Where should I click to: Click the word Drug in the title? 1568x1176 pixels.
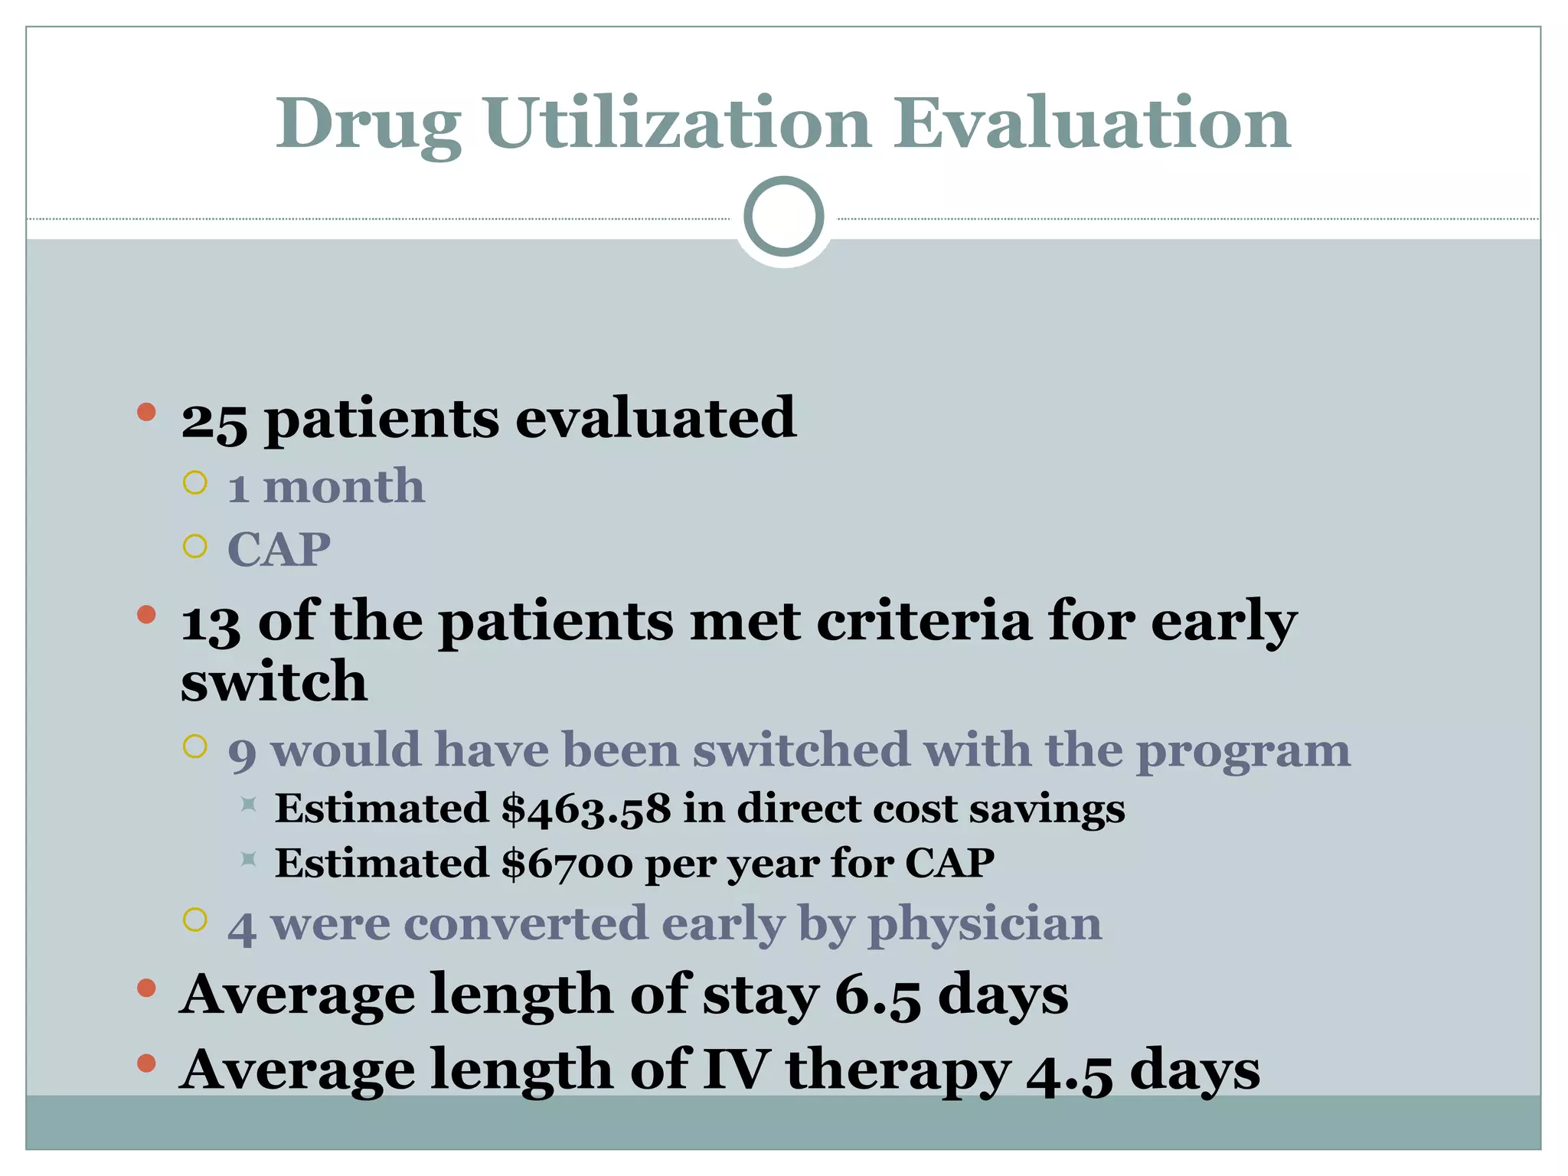pos(368,126)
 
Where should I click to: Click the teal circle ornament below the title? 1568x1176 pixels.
pos(783,217)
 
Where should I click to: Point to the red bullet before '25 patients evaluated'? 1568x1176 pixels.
pos(146,413)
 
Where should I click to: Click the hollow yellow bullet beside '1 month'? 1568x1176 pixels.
pos(195,483)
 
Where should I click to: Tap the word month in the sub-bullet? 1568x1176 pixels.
pos(344,487)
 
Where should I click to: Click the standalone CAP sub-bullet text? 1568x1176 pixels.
pos(279,550)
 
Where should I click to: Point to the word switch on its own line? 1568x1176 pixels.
pos(273,681)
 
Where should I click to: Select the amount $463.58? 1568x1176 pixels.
pos(586,809)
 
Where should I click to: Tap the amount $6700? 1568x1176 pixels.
pos(567,864)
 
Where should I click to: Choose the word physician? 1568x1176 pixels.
pos(985,924)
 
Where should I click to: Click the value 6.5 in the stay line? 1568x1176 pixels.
pos(877,996)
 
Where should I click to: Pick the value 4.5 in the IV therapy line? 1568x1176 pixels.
pos(1069,1071)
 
